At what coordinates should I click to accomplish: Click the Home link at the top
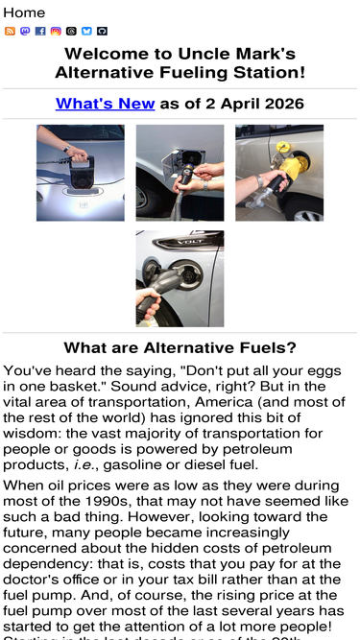[x=24, y=12]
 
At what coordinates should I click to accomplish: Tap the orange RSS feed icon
[x=10, y=31]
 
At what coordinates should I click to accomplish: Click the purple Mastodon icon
[x=25, y=31]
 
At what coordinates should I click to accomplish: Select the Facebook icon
[x=40, y=31]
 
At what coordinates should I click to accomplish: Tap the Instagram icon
[x=56, y=31]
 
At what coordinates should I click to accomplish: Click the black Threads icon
[x=71, y=31]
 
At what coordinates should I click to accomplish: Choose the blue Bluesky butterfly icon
[x=86, y=31]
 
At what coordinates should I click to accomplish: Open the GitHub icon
[x=102, y=31]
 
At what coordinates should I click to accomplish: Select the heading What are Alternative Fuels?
[x=180, y=347]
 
